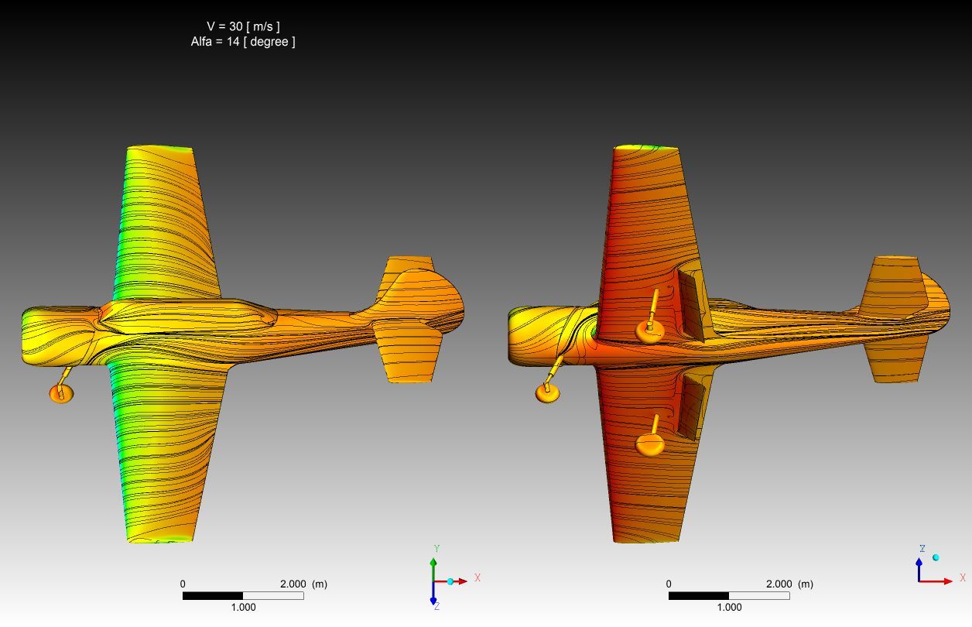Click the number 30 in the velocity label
(x=235, y=26)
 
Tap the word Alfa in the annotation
(x=201, y=42)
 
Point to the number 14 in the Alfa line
(x=233, y=42)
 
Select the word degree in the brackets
(x=269, y=42)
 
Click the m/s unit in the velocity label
(x=263, y=26)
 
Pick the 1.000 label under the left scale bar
(x=243, y=607)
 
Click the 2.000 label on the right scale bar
(x=779, y=584)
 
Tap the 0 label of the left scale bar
(x=183, y=584)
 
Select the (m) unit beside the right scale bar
(x=806, y=584)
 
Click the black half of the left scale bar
(x=213, y=596)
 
